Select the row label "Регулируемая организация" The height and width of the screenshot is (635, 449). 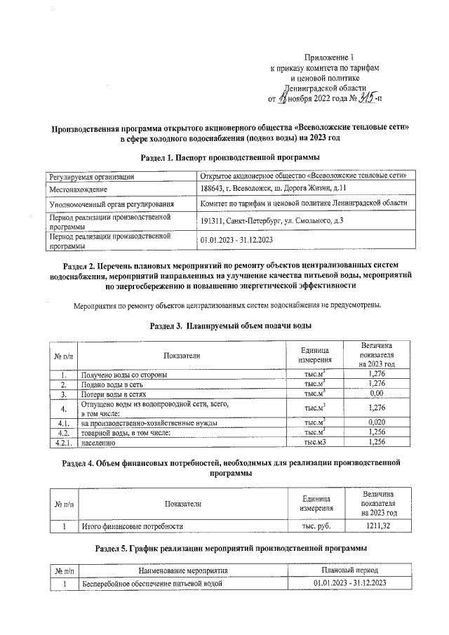[x=93, y=176]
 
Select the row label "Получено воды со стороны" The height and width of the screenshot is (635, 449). [x=124, y=375]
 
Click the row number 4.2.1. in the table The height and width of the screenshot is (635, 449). [x=62, y=443]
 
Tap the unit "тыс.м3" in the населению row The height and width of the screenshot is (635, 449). [x=314, y=443]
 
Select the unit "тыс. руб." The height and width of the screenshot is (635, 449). [x=315, y=526]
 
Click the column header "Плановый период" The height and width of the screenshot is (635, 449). [x=350, y=570]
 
